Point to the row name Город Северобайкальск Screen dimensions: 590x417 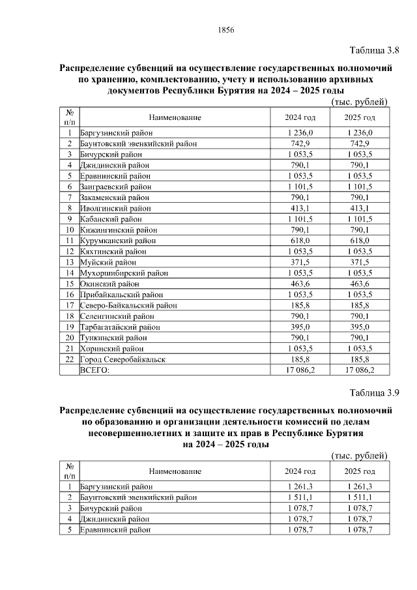122,359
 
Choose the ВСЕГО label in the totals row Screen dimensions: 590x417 94,370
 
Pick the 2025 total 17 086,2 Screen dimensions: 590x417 360,370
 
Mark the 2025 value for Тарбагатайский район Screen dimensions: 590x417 360,326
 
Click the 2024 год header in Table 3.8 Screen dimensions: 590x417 300,117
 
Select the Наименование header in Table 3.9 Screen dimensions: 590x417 175,471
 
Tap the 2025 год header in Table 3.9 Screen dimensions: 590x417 360,471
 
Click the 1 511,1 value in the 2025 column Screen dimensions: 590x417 360,497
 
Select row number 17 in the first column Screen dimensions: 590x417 69,304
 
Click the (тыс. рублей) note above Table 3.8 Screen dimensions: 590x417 360,102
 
